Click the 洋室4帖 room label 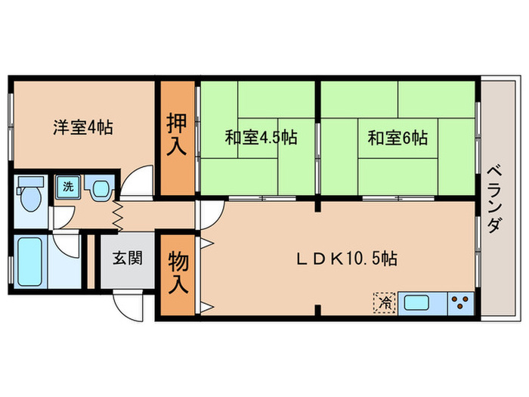click(82, 127)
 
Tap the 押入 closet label click(175, 137)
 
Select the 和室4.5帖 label click(260, 138)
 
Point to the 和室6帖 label click(398, 138)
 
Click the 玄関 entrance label click(128, 259)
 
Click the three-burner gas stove click(459, 303)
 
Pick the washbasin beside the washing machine click(99, 188)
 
